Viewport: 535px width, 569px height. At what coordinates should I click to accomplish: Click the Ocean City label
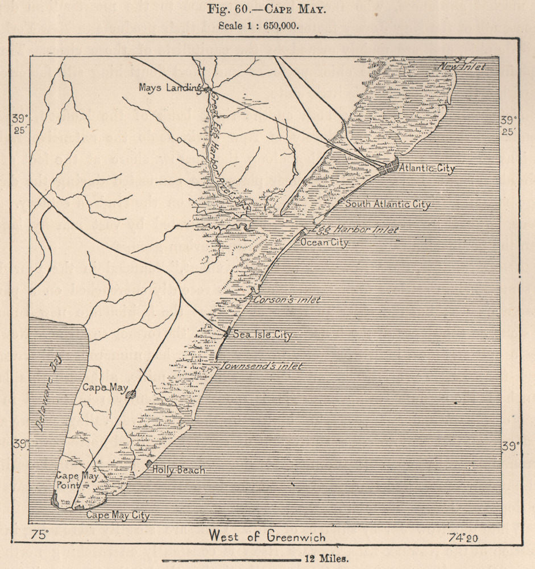324,242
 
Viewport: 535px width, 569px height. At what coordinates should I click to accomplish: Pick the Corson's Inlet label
287,299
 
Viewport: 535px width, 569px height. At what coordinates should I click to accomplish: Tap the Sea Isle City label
262,335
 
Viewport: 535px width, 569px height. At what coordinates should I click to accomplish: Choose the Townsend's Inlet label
261,366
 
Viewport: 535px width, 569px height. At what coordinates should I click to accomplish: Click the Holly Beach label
178,470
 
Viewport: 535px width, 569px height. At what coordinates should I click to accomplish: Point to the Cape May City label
117,516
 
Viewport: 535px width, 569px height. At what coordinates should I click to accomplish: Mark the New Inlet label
462,67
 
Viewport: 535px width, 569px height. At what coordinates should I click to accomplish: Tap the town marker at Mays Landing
208,89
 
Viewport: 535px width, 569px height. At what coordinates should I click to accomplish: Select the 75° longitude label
40,535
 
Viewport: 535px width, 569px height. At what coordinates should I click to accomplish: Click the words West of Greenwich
267,535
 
